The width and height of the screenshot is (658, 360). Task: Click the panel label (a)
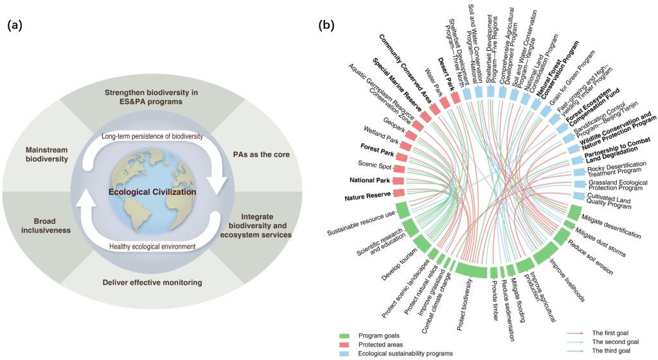point(14,26)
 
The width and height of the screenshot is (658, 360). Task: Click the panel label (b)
point(326,26)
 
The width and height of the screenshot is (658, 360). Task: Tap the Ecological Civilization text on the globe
point(161,192)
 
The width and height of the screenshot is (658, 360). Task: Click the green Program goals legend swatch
point(350,335)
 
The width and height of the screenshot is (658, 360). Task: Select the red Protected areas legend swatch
point(350,344)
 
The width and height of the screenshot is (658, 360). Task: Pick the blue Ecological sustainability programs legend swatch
point(350,353)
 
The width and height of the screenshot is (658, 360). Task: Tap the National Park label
point(371,180)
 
